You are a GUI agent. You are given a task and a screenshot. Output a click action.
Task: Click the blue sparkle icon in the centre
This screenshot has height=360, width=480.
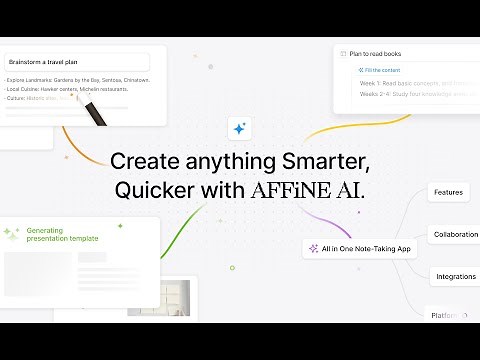pyautogui.click(x=240, y=128)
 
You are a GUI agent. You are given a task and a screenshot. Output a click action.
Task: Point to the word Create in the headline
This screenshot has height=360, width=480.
pyautogui.click(x=141, y=161)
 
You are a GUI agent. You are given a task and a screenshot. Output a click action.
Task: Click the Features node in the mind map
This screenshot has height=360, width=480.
pyautogui.click(x=448, y=192)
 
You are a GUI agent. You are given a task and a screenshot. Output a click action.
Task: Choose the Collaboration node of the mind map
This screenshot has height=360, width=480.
pyautogui.click(x=455, y=234)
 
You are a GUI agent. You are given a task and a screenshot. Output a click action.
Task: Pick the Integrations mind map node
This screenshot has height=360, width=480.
pyautogui.click(x=455, y=276)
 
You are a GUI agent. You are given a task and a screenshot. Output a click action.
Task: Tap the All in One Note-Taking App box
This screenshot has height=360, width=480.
pyautogui.click(x=360, y=248)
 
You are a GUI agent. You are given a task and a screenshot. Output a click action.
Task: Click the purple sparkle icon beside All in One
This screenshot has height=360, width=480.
pyautogui.click(x=314, y=248)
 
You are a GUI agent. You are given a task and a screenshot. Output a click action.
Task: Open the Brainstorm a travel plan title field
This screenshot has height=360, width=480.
pyautogui.click(x=76, y=62)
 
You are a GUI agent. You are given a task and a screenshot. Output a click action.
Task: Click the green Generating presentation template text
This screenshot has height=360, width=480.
pyautogui.click(x=62, y=234)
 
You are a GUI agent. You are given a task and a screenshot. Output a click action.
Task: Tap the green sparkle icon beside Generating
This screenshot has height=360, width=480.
pyautogui.click(x=11, y=234)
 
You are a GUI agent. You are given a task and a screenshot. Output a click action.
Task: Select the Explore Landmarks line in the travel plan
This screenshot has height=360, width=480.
pyautogui.click(x=78, y=80)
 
